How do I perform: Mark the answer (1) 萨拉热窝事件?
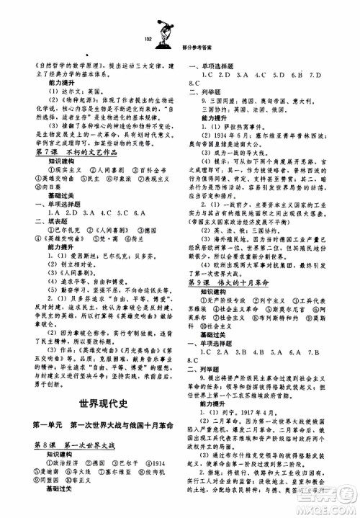pyautogui.click(x=235, y=123)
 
